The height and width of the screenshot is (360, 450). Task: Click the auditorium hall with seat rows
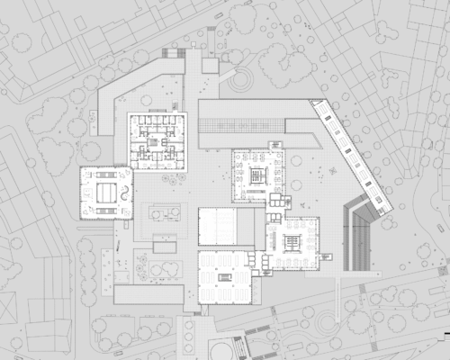(x=217, y=225)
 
